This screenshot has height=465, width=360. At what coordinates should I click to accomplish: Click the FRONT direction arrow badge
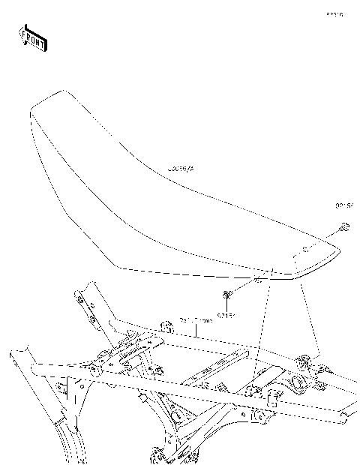click(32, 38)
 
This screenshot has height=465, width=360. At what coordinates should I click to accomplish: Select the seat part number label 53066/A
click(180, 171)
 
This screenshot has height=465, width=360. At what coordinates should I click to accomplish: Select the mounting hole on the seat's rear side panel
click(304, 249)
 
